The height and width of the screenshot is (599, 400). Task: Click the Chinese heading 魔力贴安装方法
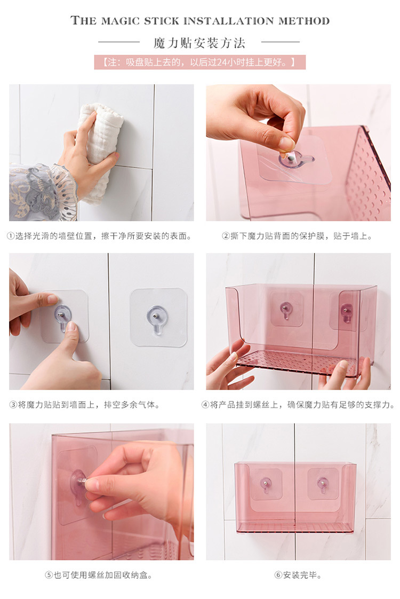pos(199,43)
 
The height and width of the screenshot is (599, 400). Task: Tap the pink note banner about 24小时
pos(199,62)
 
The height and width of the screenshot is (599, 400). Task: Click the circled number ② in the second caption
pos(226,236)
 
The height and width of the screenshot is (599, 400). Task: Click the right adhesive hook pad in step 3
pos(158,317)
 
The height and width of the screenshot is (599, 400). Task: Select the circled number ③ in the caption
pos(13,405)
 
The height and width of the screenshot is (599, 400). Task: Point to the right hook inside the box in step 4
pos(347,310)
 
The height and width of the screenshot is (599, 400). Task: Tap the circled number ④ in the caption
pos(205,405)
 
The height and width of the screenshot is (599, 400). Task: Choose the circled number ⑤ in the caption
pos(49,575)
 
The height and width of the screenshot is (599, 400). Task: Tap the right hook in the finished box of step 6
pos(323,484)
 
